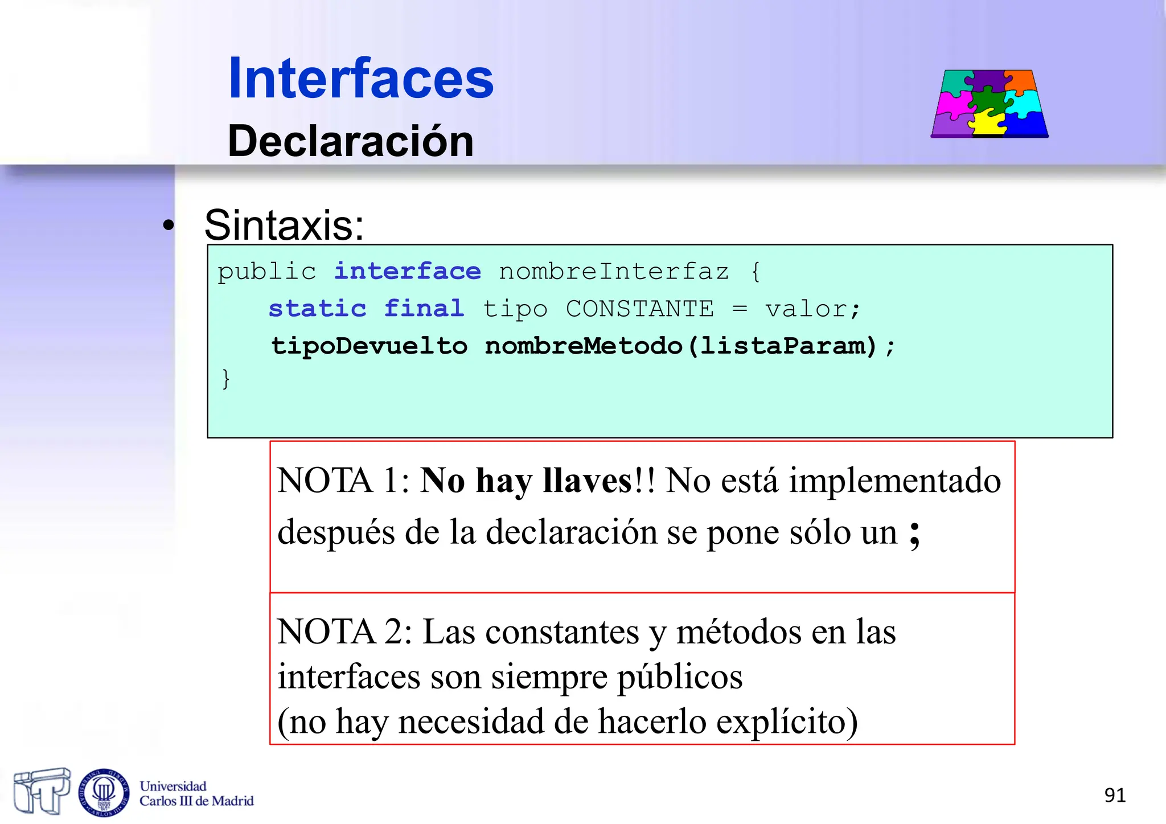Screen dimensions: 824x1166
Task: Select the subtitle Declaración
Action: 351,141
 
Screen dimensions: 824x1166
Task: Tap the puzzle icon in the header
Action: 990,104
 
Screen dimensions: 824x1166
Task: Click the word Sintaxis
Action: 284,226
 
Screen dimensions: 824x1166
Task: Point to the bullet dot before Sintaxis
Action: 168,226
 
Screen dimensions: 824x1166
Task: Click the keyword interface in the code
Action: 407,272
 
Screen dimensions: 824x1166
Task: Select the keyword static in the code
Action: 317,309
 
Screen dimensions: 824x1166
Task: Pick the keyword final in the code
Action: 424,309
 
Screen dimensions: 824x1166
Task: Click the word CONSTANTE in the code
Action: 639,309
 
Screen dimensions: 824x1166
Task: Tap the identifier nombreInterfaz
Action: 614,272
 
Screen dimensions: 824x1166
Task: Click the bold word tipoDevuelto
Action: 369,346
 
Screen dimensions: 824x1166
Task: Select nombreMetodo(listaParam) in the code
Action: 680,346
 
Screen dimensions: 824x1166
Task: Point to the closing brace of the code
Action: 226,379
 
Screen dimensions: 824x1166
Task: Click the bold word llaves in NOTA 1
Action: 587,481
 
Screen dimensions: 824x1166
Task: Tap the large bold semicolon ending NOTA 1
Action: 914,533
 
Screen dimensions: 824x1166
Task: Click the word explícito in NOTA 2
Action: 786,721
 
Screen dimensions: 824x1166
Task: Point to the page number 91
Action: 1115,795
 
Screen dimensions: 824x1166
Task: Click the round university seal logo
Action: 104,792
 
